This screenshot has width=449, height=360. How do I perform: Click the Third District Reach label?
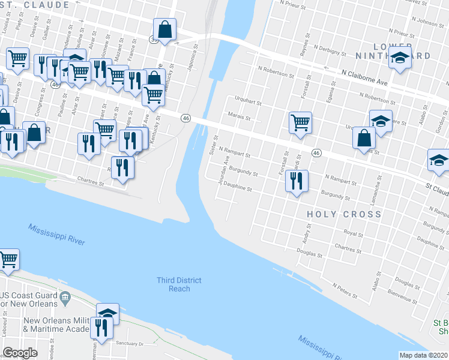click(179, 284)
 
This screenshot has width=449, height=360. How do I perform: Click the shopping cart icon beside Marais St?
click(300, 122)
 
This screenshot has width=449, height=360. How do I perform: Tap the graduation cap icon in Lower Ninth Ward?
click(399, 59)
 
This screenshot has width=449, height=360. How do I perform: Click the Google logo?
click(20, 352)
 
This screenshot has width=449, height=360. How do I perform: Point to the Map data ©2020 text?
click(423, 355)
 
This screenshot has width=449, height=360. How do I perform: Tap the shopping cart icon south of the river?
click(8, 260)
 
